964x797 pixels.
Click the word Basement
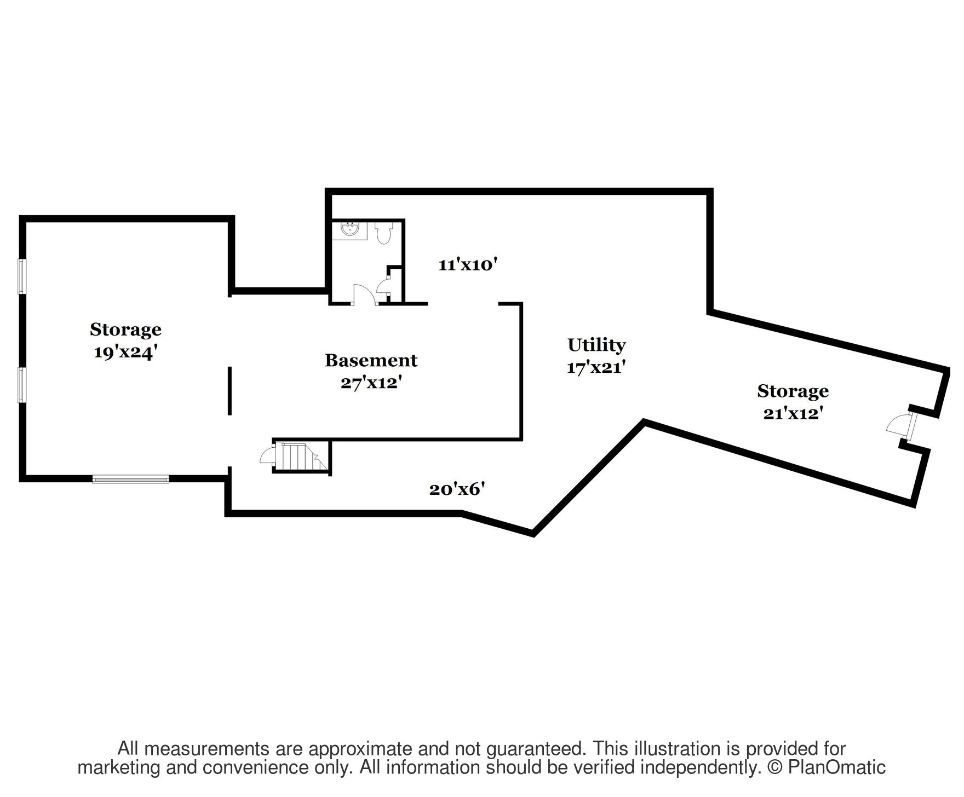click(371, 361)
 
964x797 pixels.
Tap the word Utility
click(596, 345)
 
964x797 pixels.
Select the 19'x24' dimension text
click(125, 352)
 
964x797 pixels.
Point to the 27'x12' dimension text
click(371, 383)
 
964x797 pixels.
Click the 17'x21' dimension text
click(596, 368)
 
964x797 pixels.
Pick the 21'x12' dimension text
click(793, 414)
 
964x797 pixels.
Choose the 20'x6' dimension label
click(457, 489)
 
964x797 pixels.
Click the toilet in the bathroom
click(383, 234)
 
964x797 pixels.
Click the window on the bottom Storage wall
click(130, 480)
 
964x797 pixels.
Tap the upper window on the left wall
click(22, 276)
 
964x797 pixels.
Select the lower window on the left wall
click(22, 385)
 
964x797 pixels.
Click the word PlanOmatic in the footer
click(836, 767)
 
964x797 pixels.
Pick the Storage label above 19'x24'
click(125, 330)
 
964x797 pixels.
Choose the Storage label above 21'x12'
click(793, 391)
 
